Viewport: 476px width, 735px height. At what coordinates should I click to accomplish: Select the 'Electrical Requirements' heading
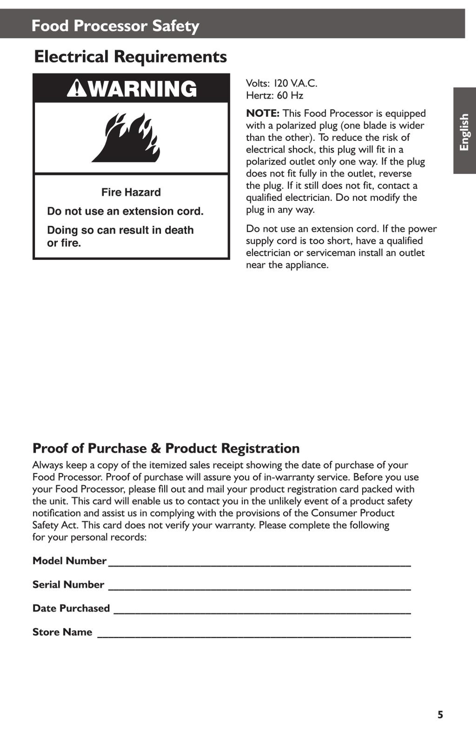click(130, 57)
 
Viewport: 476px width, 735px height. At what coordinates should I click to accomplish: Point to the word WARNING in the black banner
click(143, 89)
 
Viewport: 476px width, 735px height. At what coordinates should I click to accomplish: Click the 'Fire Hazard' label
click(131, 192)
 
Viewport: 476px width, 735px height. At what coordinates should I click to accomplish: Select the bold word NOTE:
click(263, 113)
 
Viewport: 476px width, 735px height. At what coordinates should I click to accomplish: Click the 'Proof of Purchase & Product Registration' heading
click(166, 448)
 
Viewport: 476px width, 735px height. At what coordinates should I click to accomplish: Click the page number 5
click(440, 715)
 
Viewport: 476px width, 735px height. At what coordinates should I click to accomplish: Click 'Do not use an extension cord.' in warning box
click(125, 211)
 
